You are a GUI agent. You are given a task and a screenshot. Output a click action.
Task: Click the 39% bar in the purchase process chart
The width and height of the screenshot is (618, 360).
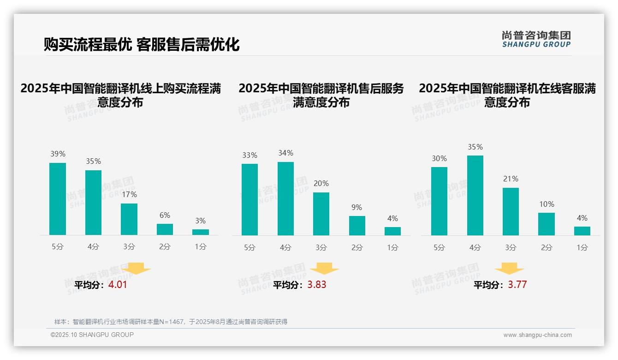pos(58,199)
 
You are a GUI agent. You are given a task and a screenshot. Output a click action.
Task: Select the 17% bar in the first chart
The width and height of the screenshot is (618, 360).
pos(129,219)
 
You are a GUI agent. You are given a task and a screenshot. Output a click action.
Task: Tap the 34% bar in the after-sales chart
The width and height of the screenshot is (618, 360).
pos(285,198)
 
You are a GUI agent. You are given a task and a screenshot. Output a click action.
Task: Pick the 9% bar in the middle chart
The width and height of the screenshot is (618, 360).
pos(357,226)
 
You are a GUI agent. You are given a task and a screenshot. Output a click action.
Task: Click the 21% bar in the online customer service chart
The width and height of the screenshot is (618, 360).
pos(511,211)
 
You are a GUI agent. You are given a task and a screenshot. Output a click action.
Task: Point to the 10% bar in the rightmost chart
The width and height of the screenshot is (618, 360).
pos(547,224)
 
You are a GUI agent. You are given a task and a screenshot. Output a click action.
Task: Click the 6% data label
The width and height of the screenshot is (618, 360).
pos(165,215)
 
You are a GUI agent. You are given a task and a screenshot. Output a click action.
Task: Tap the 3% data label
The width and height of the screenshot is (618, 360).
pos(200,221)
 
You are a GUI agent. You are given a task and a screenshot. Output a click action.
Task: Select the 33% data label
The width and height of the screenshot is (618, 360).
pos(250,156)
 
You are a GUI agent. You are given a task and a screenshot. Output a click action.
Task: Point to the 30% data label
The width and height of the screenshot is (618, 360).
pos(439,159)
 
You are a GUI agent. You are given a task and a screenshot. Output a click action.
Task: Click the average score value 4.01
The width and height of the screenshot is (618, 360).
pos(118,285)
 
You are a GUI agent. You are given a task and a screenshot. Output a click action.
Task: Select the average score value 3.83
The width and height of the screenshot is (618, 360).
pos(317,285)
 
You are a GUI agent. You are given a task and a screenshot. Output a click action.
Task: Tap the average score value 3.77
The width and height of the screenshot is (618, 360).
pos(517,285)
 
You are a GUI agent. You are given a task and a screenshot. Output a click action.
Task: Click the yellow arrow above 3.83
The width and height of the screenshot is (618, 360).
pos(324,269)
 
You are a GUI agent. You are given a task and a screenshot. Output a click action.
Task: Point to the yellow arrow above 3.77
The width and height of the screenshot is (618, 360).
pos(509,269)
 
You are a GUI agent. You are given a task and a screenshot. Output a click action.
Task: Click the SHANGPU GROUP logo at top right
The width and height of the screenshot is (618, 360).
pos(536,39)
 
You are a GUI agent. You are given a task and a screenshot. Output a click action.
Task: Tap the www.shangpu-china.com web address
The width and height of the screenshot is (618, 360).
pos(537,335)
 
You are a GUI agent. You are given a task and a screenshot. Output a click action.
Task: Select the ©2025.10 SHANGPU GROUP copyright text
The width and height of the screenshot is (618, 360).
pos(92,335)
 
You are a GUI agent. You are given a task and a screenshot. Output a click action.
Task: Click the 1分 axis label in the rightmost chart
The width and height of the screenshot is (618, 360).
pos(582,248)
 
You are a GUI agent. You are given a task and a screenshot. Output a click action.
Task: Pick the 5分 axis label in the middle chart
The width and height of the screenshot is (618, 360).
pos(250,248)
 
